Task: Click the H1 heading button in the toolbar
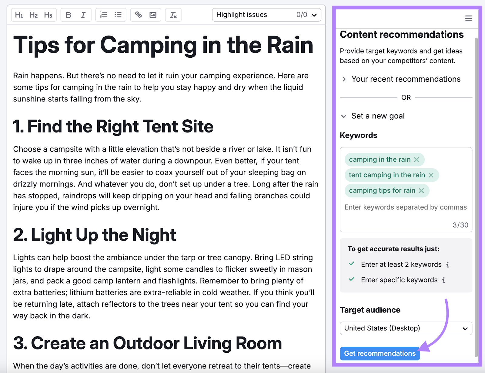tap(19, 15)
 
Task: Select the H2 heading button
tap(33, 15)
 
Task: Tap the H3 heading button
tap(48, 15)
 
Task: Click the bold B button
tap(69, 15)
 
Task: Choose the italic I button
tap(83, 15)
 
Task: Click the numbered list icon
tap(104, 15)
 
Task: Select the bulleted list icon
tap(118, 15)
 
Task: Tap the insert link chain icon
tap(139, 15)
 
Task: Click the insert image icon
tap(153, 15)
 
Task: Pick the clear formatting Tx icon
tap(173, 15)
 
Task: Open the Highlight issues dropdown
tap(266, 15)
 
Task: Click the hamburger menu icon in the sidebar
tap(468, 18)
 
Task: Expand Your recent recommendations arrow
tap(344, 79)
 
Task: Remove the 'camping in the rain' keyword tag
tap(416, 160)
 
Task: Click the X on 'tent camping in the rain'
tap(431, 175)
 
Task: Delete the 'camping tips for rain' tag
tap(421, 190)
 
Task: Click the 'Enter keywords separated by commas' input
tap(406, 207)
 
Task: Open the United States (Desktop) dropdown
tap(406, 328)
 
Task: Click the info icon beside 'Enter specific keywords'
tap(444, 280)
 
